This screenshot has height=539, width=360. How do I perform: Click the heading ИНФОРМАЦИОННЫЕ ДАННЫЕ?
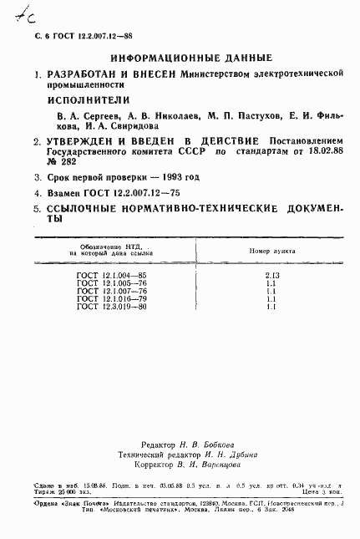(190, 58)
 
